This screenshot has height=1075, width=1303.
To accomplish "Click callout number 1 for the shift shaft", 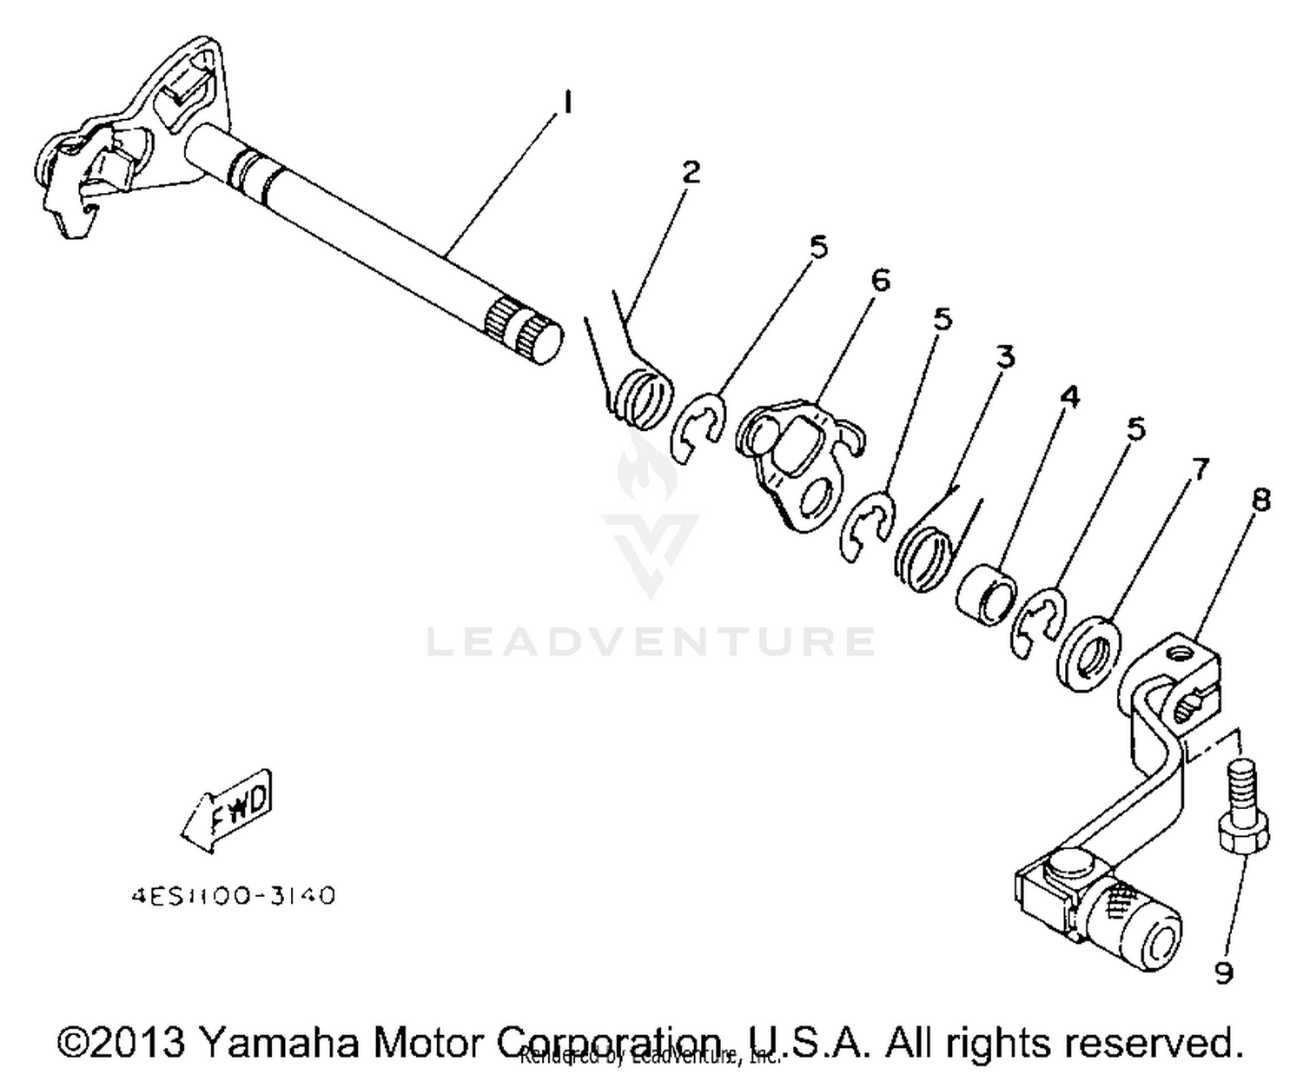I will point(566,103).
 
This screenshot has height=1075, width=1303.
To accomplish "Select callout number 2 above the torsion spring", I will point(691,172).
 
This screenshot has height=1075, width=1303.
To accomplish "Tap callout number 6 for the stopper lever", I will point(880,281).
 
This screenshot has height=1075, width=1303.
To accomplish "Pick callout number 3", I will point(1004,356).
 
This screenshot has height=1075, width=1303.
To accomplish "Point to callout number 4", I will point(1069,397).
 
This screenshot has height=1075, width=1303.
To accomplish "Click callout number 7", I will point(1199,470).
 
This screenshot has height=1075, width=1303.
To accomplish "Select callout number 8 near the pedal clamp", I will point(1260,500).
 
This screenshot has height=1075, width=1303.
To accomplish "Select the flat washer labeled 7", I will point(1088,653).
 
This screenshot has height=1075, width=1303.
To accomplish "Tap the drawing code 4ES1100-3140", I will point(233,896).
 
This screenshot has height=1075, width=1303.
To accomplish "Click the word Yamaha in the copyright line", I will point(279,1042).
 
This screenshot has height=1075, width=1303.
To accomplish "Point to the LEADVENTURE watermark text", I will point(651,641).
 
